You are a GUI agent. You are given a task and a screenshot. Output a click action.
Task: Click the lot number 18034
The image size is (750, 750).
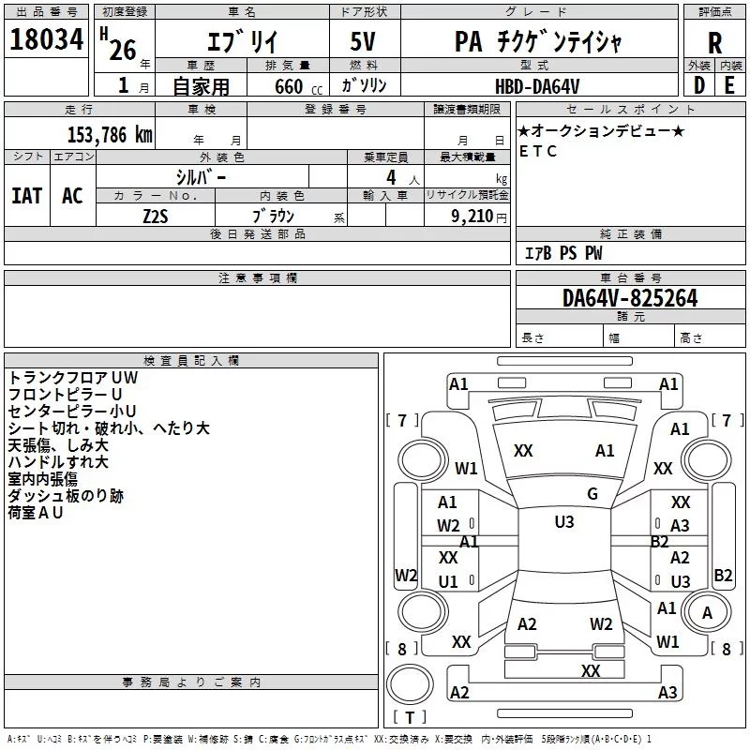pyautogui.click(x=46, y=39)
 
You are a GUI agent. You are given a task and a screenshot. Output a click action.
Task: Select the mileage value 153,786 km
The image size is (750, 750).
pyautogui.click(x=110, y=135)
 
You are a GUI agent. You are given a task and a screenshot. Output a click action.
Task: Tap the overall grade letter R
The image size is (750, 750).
pyautogui.click(x=714, y=43)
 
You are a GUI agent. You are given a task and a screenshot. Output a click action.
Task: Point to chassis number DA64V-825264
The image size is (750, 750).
pyautogui.click(x=630, y=298)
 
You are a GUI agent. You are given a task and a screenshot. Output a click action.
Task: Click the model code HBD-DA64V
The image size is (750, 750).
pyautogui.click(x=537, y=86)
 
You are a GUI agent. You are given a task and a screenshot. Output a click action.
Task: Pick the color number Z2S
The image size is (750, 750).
pyautogui.click(x=156, y=217)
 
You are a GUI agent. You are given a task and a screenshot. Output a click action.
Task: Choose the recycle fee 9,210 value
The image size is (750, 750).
pyautogui.click(x=472, y=217)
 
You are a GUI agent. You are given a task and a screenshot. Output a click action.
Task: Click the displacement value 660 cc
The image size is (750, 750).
pyautogui.click(x=298, y=86)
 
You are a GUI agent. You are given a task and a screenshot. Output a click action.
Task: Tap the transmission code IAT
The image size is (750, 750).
pyautogui.click(x=27, y=196)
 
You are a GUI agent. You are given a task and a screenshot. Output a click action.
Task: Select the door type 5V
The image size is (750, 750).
pyautogui.click(x=363, y=41)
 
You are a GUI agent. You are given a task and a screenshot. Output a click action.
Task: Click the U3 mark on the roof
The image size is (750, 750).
pyautogui.click(x=564, y=522)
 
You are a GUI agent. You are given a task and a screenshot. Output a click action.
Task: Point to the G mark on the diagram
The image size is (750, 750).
pyautogui.click(x=592, y=494)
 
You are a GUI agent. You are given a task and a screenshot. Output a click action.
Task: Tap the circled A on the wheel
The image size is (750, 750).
pyautogui.click(x=707, y=613)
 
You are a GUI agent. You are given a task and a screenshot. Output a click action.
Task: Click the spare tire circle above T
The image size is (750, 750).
pyautogui.click(x=410, y=684)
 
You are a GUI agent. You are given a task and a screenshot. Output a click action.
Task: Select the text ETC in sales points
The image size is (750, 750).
pyautogui.click(x=537, y=151)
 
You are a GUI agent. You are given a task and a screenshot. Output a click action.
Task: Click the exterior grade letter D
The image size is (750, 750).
pyautogui.click(x=699, y=85)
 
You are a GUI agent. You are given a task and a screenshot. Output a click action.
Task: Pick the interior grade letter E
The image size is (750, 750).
pyautogui.click(x=729, y=85)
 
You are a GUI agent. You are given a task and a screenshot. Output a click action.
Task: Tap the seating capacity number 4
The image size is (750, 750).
pyautogui.click(x=391, y=177)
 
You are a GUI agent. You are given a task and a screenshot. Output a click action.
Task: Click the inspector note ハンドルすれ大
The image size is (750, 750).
pyautogui.click(x=58, y=462)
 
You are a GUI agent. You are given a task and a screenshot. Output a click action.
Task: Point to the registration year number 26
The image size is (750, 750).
pyautogui.click(x=123, y=50)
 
